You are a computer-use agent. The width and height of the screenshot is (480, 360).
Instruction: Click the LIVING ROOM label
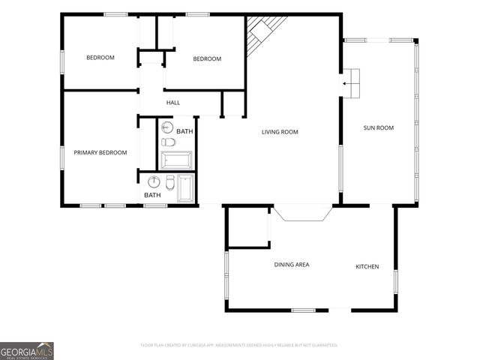280,132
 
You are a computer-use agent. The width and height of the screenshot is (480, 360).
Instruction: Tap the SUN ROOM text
379,127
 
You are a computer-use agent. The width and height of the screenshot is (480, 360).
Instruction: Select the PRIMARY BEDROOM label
100,152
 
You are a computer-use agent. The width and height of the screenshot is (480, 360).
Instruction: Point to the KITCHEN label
367,267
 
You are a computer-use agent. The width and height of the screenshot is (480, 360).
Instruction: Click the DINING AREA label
291,264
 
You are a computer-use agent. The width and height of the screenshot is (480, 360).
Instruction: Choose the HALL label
173,103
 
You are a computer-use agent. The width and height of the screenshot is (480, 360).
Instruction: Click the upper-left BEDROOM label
100,58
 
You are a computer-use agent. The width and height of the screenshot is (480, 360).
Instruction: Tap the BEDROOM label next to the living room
207,59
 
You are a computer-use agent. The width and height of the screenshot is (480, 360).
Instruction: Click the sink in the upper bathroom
167,127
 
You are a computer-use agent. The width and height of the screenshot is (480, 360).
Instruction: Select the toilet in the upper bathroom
168,142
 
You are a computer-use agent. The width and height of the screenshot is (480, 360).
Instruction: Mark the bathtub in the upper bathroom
177,160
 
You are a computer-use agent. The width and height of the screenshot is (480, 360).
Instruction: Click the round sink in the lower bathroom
154,181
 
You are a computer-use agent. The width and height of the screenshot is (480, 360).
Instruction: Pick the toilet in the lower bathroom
170,182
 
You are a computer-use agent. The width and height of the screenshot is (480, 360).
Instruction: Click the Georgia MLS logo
27,350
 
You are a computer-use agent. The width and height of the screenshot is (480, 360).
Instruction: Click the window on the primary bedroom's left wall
62,158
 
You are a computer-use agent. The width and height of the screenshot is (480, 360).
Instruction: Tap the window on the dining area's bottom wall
303,310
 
